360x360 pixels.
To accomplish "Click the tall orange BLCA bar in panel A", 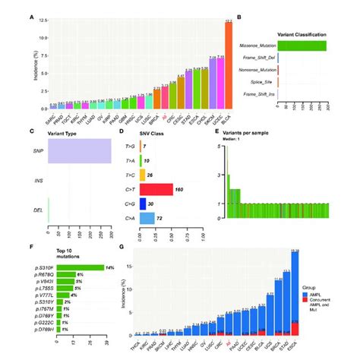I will [229, 68].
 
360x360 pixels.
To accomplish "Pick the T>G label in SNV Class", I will [131, 145].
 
